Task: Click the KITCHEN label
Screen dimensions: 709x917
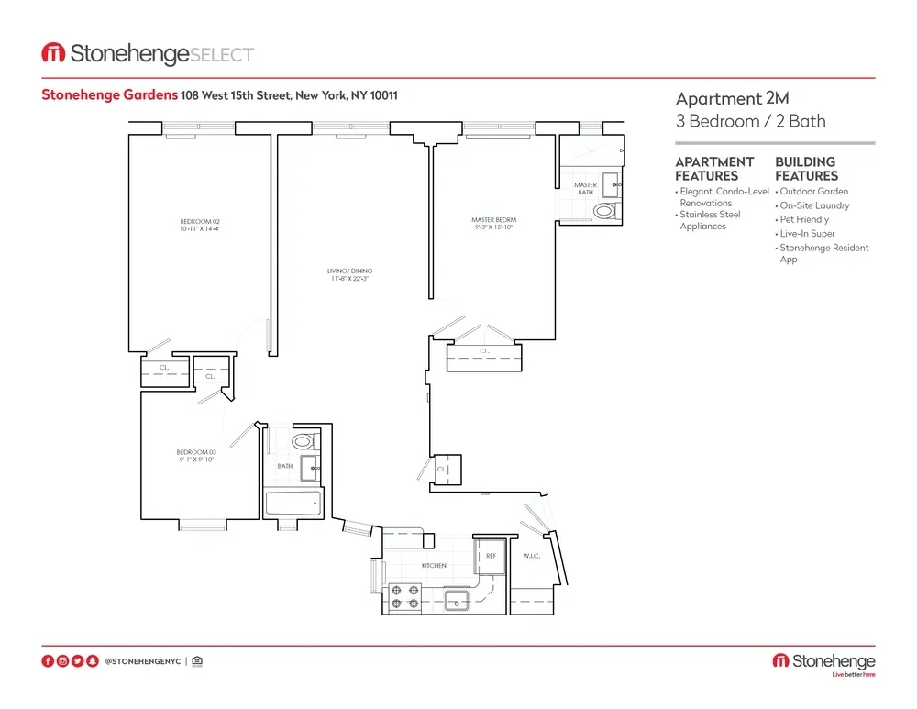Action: [x=434, y=566]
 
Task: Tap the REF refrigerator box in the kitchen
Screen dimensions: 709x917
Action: [x=491, y=556]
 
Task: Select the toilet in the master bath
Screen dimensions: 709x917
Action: [x=605, y=211]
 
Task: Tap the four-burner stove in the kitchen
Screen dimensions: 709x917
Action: [x=405, y=597]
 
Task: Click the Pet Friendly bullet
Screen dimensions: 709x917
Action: [x=804, y=220]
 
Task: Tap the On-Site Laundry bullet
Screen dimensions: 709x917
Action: [x=814, y=205]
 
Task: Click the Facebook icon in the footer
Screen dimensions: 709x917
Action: [x=48, y=661]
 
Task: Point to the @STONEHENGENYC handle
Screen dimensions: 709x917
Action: [x=142, y=661]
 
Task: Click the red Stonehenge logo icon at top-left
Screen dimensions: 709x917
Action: [x=52, y=54]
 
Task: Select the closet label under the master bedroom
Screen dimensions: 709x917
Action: [x=483, y=350]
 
